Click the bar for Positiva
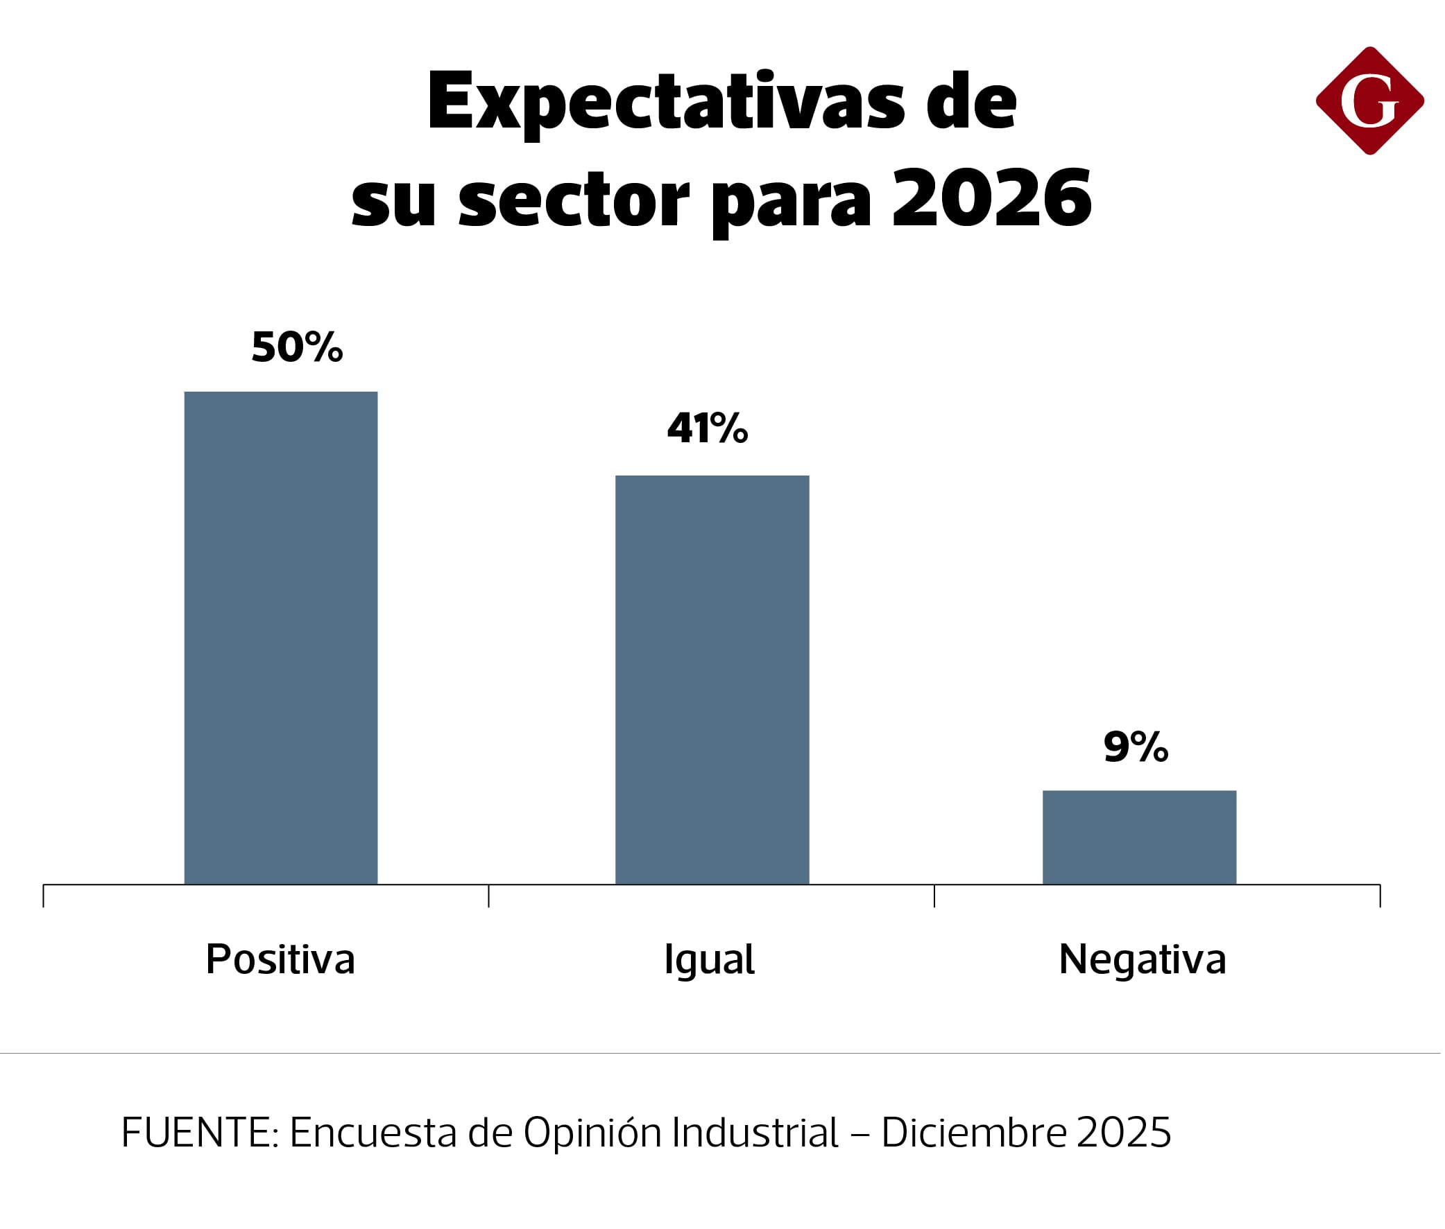(x=281, y=638)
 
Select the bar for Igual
(x=712, y=679)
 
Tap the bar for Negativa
(x=1139, y=837)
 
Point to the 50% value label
(x=297, y=347)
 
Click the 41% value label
(x=707, y=428)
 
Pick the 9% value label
(x=1136, y=747)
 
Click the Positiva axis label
(x=280, y=959)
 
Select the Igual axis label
(x=709, y=961)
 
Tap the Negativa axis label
(x=1142, y=960)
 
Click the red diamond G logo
(x=1369, y=101)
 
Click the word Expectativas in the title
(x=666, y=103)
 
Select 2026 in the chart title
(x=991, y=199)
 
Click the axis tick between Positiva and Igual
(x=488, y=896)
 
